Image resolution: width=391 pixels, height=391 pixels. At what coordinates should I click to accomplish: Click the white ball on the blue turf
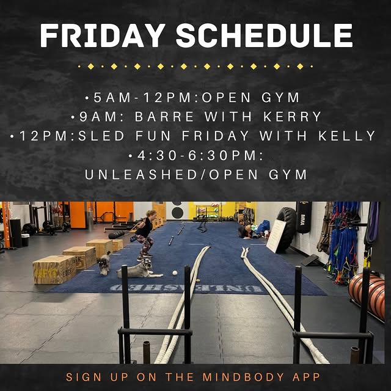click(174, 272)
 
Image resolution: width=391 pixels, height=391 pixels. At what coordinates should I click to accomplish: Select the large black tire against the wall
click(287, 229)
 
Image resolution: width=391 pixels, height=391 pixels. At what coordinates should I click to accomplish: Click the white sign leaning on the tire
click(276, 236)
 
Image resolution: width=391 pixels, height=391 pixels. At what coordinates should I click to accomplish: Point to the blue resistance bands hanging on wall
click(342, 235)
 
